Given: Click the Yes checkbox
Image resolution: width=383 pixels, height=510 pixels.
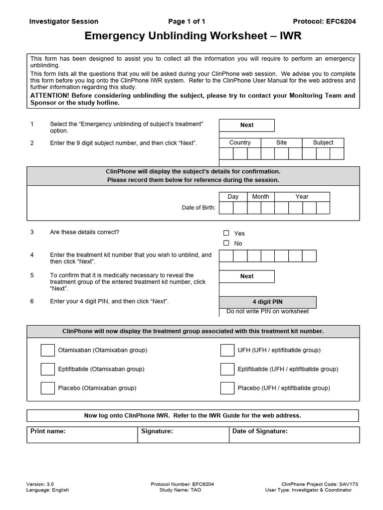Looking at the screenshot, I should pyautogui.click(x=226, y=233).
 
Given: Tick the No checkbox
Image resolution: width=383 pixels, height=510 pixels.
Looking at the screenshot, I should pyautogui.click(x=226, y=243).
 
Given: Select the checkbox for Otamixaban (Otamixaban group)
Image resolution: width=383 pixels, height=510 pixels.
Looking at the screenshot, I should pyautogui.click(x=48, y=350).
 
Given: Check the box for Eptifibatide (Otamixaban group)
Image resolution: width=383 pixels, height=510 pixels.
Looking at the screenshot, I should pyautogui.click(x=48, y=369).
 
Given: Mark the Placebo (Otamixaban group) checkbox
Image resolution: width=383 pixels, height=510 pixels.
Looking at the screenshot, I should pyautogui.click(x=48, y=388).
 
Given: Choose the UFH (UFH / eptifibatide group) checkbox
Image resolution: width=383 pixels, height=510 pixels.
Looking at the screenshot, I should pyautogui.click(x=227, y=350).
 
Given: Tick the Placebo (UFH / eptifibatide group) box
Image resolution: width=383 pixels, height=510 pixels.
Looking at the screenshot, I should pyautogui.click(x=227, y=388).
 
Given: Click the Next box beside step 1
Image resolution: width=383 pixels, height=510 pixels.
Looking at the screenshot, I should pyautogui.click(x=247, y=125).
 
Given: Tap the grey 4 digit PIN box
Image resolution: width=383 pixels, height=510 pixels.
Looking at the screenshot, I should pyautogui.click(x=267, y=302).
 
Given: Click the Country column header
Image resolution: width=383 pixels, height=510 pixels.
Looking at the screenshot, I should pyautogui.click(x=240, y=142).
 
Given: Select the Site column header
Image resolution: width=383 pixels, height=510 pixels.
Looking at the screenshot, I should pyautogui.click(x=281, y=142).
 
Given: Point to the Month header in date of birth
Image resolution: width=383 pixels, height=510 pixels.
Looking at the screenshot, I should pyautogui.click(x=260, y=197).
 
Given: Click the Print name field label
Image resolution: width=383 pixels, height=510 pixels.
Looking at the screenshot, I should pyautogui.click(x=48, y=431).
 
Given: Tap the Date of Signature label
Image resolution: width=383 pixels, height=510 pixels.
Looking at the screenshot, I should pyautogui.click(x=260, y=431).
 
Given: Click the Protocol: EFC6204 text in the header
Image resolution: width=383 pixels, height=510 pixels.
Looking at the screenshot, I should pyautogui.click(x=324, y=21).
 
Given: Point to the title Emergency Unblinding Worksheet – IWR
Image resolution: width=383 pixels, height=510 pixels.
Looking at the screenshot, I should pyautogui.click(x=193, y=36).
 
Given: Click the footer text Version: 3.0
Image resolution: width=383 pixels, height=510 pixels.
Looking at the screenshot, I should pyautogui.click(x=40, y=484).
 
